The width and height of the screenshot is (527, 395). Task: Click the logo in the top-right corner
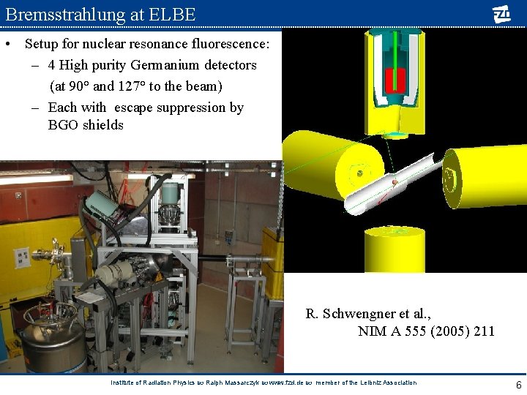click(x=501, y=14)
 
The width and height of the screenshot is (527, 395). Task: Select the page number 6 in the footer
click(x=518, y=385)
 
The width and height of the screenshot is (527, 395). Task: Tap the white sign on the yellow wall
click(x=23, y=258)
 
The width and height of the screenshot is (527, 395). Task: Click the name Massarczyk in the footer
click(x=237, y=383)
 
